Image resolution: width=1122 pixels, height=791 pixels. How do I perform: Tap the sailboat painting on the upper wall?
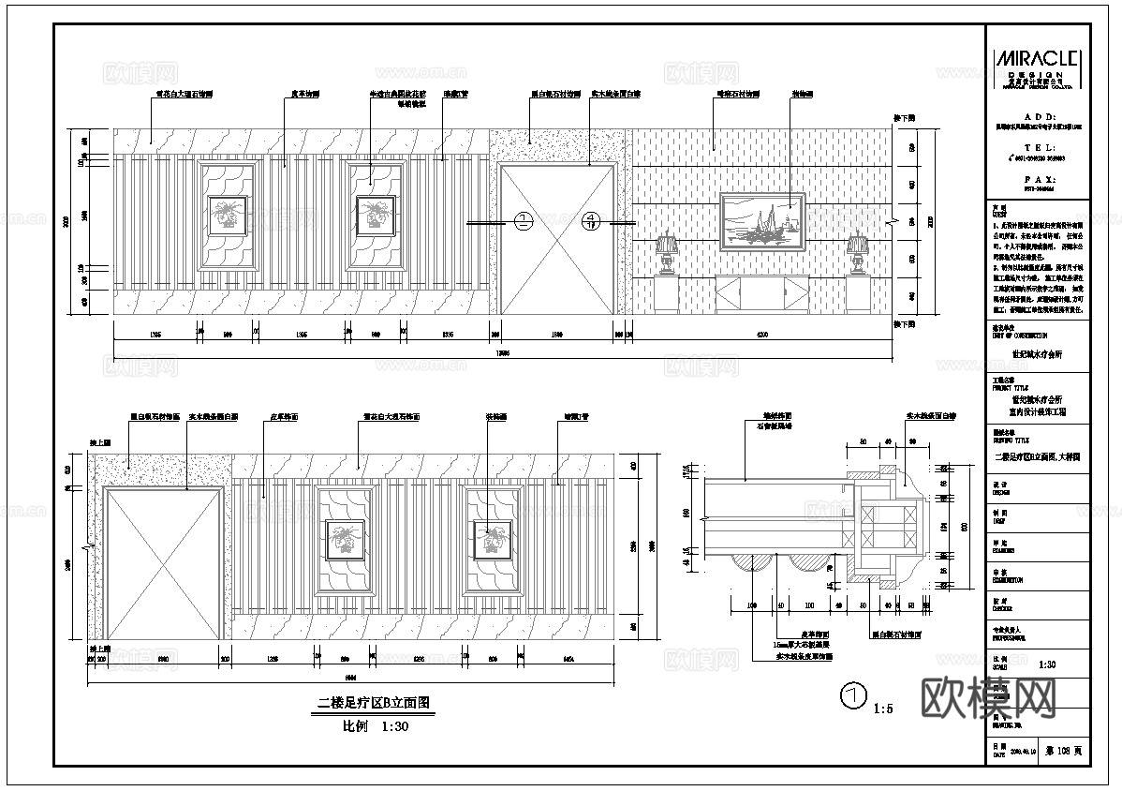762,221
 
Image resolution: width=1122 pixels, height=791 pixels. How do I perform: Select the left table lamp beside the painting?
666,252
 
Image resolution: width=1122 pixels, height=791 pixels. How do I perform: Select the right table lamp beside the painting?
856,253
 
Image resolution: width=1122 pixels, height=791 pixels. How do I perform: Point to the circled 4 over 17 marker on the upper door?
591,222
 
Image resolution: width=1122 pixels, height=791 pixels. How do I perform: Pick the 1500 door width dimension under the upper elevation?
556,334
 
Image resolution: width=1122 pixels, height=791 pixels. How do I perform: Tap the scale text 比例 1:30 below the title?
375,725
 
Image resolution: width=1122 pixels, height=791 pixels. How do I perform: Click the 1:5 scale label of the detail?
883,709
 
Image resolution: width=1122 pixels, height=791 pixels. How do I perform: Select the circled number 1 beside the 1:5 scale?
851,696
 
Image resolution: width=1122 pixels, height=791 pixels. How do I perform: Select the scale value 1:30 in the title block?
1047,664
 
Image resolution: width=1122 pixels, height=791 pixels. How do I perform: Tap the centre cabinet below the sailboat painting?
761,294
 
